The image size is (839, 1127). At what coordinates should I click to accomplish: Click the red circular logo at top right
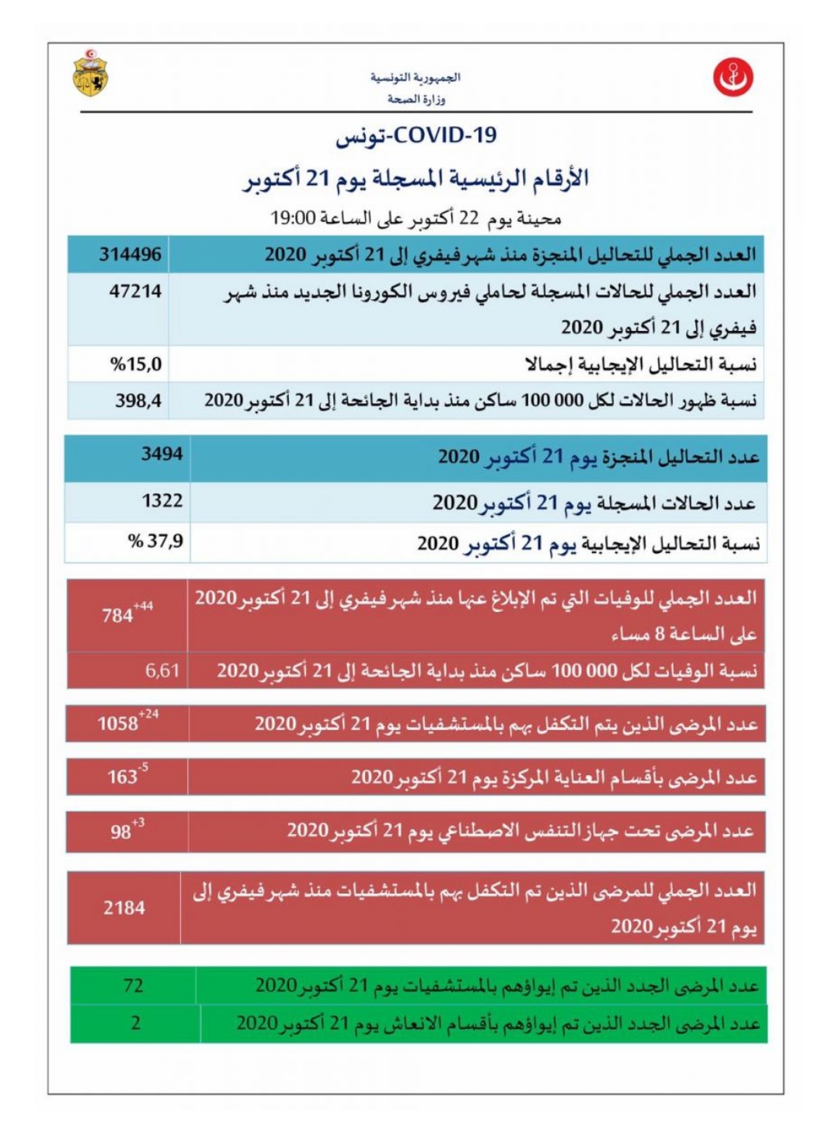tap(733, 78)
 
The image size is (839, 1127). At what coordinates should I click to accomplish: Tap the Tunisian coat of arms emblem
tap(91, 74)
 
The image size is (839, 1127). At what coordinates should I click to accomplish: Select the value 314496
tap(131, 254)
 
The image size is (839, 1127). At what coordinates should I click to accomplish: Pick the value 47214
tap(135, 291)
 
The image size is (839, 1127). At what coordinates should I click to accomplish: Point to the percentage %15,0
tap(136, 363)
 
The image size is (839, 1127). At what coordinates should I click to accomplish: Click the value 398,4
tap(138, 401)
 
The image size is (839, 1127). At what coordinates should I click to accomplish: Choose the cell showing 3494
tap(162, 454)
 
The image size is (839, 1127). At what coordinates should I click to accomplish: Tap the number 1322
tap(162, 501)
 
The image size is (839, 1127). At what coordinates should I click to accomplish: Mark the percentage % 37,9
tap(156, 541)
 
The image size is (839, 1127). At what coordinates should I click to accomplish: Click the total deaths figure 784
tap(117, 616)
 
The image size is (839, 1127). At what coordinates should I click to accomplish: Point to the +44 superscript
tap(144, 606)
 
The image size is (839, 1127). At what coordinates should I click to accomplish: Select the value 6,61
tap(162, 670)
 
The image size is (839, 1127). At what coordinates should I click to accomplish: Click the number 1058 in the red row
tap(117, 724)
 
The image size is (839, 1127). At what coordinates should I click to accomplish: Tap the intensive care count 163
tap(122, 777)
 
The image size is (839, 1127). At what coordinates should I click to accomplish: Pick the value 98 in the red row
tap(120, 832)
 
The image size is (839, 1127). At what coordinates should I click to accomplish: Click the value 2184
tap(124, 907)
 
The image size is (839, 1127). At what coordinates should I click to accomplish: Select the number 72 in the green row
tap(133, 986)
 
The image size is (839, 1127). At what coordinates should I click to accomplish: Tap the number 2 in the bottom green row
tap(135, 1023)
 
